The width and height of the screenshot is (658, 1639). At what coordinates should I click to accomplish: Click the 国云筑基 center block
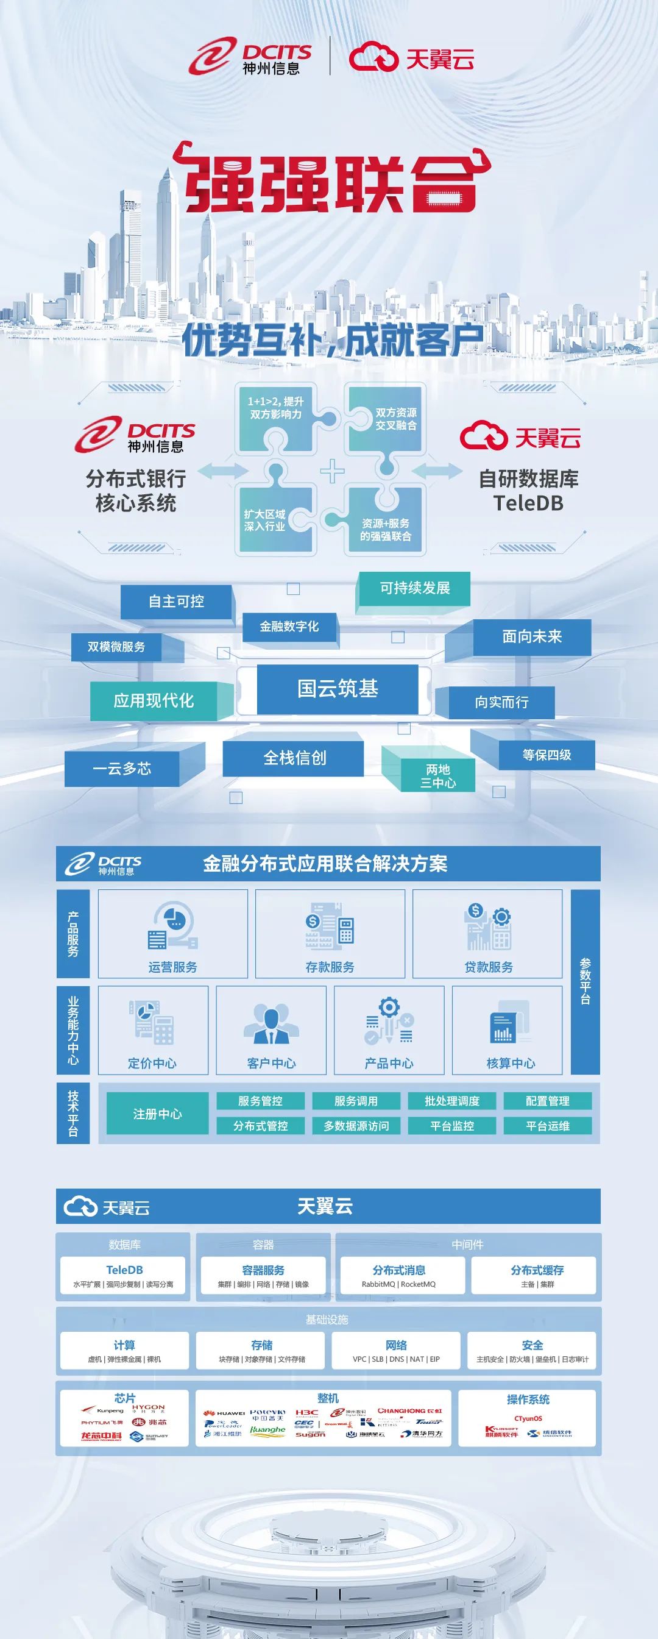click(338, 688)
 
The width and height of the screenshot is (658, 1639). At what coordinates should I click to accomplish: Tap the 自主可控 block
click(176, 601)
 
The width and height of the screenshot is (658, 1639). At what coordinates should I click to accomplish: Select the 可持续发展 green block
click(414, 588)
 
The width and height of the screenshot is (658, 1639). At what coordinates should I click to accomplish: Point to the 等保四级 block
click(546, 755)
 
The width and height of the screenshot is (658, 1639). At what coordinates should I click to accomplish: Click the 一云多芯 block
click(122, 769)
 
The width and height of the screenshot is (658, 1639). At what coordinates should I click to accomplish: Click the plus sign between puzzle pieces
click(332, 472)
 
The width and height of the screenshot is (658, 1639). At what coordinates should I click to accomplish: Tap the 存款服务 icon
click(330, 926)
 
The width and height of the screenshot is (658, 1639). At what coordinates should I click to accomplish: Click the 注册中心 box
click(157, 1114)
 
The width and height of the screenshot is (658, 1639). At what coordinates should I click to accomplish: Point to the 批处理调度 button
click(452, 1101)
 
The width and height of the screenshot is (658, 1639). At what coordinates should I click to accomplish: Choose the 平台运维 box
click(547, 1126)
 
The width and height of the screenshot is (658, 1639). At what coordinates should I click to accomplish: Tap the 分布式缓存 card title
click(537, 1270)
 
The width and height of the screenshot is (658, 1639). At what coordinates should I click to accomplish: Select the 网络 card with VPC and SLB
click(395, 1350)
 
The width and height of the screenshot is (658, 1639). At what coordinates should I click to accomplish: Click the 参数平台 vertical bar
click(585, 981)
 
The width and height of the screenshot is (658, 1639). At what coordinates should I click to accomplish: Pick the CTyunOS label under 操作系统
click(528, 1418)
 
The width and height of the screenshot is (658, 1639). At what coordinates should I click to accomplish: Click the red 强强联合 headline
click(331, 182)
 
